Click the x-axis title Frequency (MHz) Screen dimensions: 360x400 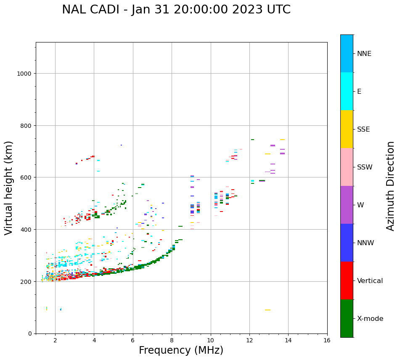click(181, 350)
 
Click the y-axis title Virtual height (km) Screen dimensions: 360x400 click(9, 188)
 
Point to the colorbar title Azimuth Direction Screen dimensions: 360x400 click(391, 186)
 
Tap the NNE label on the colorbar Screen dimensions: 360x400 click(364, 53)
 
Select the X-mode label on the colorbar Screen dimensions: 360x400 click(370, 319)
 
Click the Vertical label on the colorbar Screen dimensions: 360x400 click(370, 281)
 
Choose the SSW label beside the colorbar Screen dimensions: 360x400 click(365, 167)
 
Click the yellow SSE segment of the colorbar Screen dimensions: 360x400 click(347, 129)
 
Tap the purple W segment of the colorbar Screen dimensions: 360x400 click(347, 205)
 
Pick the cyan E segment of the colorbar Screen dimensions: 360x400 click(347, 91)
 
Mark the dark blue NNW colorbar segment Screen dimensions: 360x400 click(347, 243)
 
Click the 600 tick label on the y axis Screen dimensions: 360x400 click(27, 177)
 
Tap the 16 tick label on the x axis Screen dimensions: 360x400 click(327, 340)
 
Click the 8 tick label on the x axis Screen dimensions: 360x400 click(172, 340)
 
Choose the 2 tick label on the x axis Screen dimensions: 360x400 click(55, 340)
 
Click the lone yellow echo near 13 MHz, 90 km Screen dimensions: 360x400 click(268, 310)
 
